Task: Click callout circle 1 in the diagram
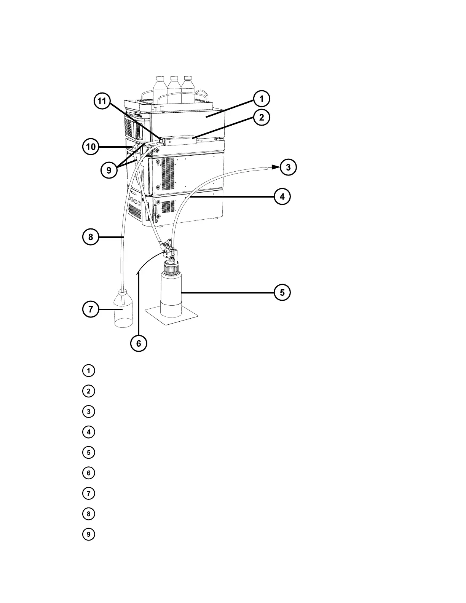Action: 261,99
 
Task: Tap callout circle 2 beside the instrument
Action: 261,117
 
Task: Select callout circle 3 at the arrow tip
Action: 288,167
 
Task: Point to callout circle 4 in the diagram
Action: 282,197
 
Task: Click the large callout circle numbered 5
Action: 282,292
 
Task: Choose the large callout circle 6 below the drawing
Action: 139,343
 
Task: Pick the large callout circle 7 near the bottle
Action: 91,309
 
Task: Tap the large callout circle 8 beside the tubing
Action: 91,237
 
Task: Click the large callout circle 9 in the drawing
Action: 109,171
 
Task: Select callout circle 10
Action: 91,147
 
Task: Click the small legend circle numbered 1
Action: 88,370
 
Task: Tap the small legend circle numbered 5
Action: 88,453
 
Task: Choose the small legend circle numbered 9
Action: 88,534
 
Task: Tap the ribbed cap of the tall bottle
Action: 171,270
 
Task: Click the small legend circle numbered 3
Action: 88,412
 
